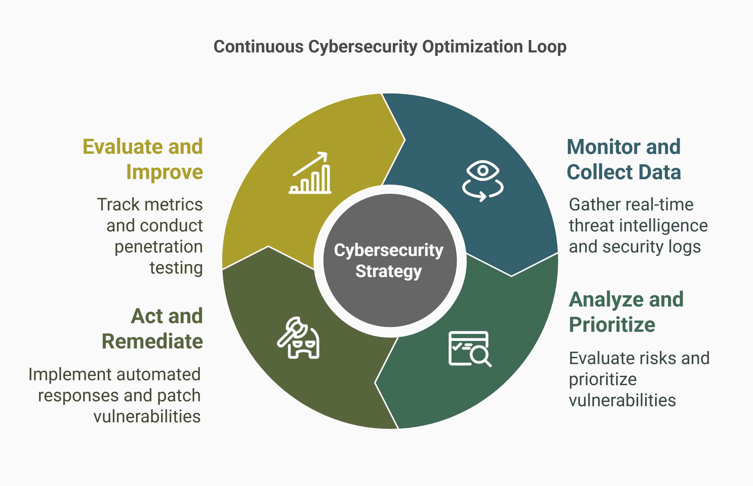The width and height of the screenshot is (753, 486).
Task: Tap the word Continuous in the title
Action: pyautogui.click(x=258, y=47)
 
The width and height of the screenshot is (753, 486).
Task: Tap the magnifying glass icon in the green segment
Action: pyautogui.click(x=470, y=349)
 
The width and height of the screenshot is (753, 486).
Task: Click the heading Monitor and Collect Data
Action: pyautogui.click(x=624, y=159)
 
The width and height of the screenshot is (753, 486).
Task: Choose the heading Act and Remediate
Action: pyautogui.click(x=152, y=329)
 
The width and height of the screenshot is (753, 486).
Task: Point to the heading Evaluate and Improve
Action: pyautogui.click(x=143, y=159)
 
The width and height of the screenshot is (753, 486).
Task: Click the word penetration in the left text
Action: pyautogui.click(x=159, y=247)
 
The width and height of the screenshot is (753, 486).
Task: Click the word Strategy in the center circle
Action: pyautogui.click(x=389, y=272)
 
